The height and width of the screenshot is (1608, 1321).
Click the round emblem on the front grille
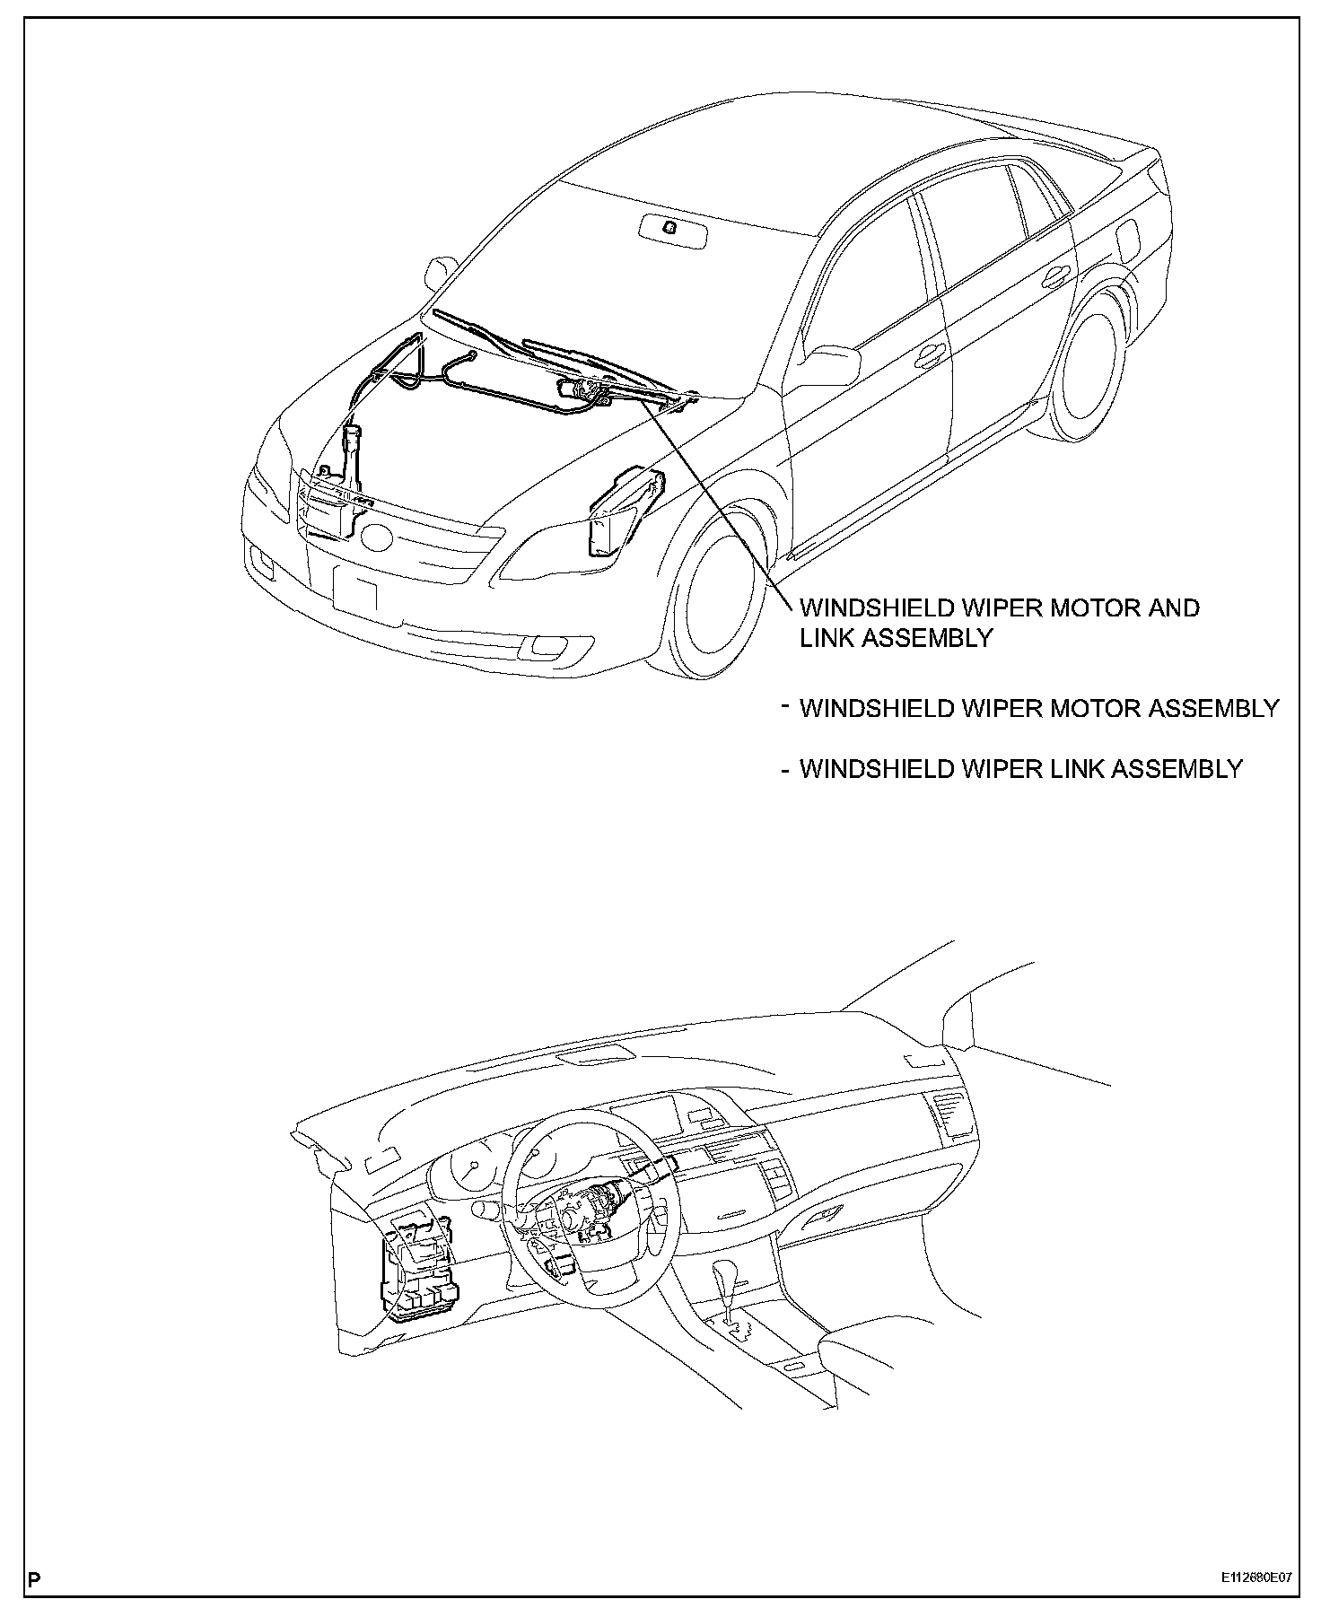376,537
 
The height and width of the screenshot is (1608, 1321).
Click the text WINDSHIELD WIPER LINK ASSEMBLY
1020,769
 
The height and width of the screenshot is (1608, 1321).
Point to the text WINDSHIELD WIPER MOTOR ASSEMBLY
1038,709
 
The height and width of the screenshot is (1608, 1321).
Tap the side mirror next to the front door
829,366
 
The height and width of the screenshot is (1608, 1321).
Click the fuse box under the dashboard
417,1275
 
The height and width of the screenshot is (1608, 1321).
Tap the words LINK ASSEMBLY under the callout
897,638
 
